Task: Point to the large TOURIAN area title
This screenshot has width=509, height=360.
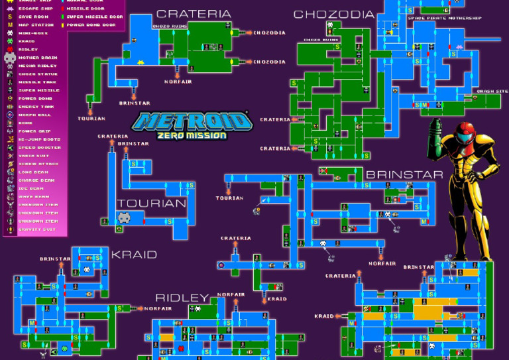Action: pos(152,204)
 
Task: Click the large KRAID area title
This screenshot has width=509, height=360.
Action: pos(134,255)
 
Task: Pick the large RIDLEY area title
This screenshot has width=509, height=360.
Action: pos(182,298)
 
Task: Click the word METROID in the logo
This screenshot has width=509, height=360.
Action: pos(193,121)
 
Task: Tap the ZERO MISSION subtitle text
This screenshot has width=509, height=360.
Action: pos(193,135)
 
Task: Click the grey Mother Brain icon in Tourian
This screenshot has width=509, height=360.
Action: pos(124,217)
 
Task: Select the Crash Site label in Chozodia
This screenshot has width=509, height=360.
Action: pos(488,91)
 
